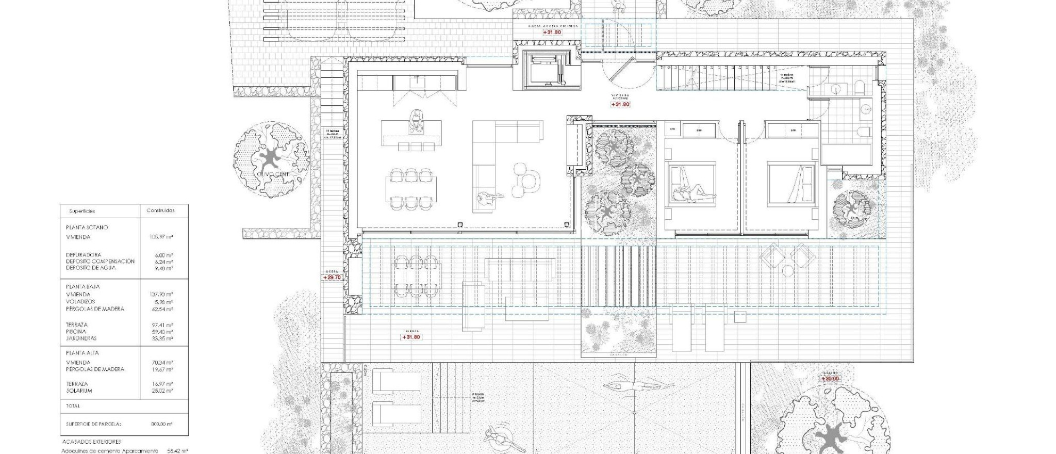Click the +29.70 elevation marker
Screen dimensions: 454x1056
click(x=332, y=277)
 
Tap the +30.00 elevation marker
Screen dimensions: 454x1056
click(x=830, y=379)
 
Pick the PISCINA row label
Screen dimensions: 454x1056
click(x=76, y=332)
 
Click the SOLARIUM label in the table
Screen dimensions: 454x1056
click(x=79, y=391)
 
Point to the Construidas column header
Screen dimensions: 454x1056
click(x=160, y=210)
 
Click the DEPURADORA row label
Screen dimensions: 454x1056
click(x=84, y=255)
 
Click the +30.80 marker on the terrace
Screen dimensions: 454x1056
click(x=411, y=337)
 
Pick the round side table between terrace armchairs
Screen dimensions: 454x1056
click(x=788, y=270)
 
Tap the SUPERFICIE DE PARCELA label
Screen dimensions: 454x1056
click(x=93, y=424)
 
